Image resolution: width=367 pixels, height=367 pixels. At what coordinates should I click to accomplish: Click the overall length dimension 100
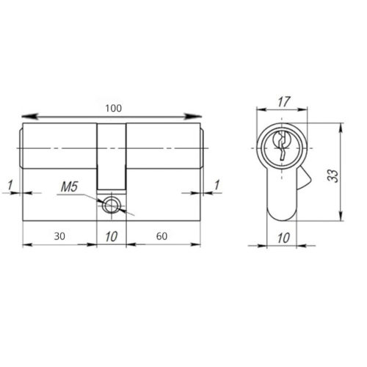[x=112, y=109]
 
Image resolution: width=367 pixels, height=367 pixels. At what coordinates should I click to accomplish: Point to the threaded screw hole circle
[x=112, y=205]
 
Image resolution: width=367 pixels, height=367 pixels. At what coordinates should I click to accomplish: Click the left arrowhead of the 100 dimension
[x=26, y=115]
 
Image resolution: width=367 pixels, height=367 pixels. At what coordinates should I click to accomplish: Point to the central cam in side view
[x=112, y=154]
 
